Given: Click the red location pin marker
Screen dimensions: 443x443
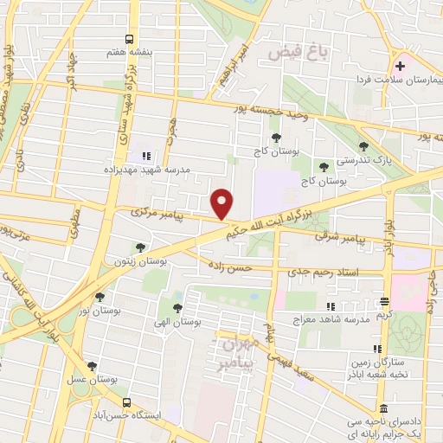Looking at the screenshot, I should (222, 203).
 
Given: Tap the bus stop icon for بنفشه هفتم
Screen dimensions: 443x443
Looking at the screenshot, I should (129, 38).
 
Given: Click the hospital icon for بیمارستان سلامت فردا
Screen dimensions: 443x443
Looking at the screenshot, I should (400, 66).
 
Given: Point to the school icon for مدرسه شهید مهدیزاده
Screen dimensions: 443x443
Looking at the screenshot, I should (145, 156).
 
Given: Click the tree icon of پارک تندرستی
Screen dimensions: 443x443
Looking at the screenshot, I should (363, 147).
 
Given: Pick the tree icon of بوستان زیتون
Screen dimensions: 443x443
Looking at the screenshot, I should (140, 247).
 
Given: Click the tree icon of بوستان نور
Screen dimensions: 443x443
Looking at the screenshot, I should (100, 297).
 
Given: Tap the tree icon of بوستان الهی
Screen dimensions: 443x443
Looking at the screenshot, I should (177, 307).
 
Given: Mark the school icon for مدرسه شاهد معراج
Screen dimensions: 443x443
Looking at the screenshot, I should (329, 306).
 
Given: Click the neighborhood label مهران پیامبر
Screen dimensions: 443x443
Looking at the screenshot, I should (240, 350).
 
